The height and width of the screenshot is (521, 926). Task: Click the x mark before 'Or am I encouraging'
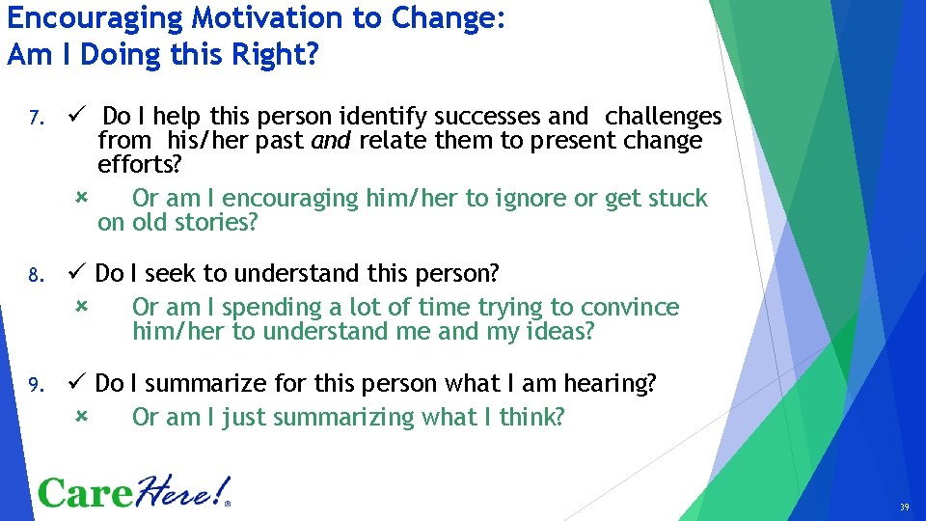pos(81,197)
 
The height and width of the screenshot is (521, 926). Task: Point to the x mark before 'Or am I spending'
pos(81,306)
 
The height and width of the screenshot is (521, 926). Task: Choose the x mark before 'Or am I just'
pos(81,416)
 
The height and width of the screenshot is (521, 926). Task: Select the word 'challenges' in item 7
pos(663,117)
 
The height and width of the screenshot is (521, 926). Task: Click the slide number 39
pos(904,507)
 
